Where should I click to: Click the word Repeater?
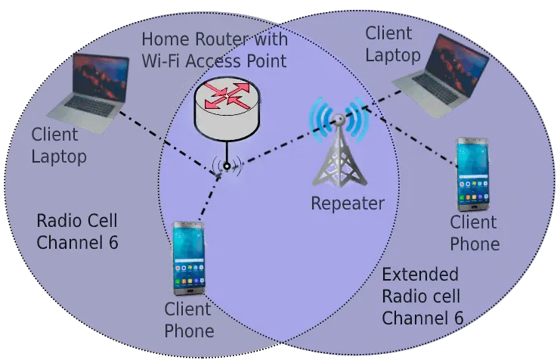(x=348, y=203)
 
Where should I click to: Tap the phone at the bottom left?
(x=189, y=258)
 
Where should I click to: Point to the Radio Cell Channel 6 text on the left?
(x=77, y=232)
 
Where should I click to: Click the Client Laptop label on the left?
(x=59, y=146)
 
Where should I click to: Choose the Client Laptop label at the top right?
(x=393, y=44)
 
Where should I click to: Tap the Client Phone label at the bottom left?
(x=189, y=320)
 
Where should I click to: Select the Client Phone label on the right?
(x=475, y=233)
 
